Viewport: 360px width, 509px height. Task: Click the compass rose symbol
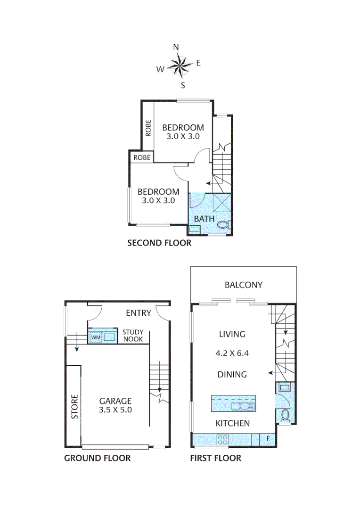click(x=179, y=66)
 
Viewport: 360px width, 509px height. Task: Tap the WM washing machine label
click(x=96, y=337)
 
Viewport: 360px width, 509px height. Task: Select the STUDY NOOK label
click(x=133, y=335)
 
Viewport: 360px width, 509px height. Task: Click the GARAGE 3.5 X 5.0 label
click(x=115, y=405)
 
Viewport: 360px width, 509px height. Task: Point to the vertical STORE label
click(x=74, y=407)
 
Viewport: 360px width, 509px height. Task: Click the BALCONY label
click(x=243, y=285)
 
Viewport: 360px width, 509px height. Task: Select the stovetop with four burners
click(x=222, y=440)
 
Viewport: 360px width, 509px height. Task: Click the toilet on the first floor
click(x=284, y=415)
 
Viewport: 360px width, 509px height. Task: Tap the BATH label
click(x=205, y=219)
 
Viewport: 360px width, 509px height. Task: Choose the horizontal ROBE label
click(x=142, y=157)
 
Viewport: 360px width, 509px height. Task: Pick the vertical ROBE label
click(x=148, y=128)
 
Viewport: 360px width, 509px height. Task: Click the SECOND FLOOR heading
click(x=159, y=243)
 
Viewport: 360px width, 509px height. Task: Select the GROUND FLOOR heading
click(x=98, y=458)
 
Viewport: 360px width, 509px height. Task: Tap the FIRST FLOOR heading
click(x=215, y=458)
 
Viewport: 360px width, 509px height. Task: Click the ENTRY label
click(x=139, y=313)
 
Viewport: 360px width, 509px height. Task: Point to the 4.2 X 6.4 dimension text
click(x=232, y=352)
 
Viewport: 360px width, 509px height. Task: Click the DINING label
click(x=232, y=375)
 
